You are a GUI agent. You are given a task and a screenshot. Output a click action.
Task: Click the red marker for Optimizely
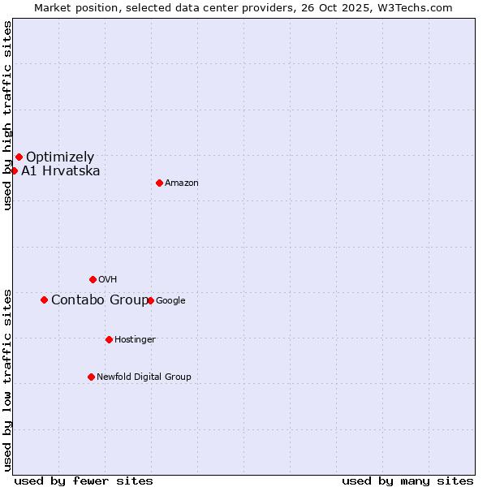click(x=19, y=157)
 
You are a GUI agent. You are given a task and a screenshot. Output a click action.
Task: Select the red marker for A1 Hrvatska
click(x=14, y=170)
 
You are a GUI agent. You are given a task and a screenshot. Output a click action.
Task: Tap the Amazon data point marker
click(x=159, y=183)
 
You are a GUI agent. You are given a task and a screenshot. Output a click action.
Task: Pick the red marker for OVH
click(x=93, y=279)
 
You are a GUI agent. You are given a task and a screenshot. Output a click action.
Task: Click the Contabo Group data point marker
click(x=44, y=300)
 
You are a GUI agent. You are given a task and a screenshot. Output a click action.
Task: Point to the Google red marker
click(x=150, y=300)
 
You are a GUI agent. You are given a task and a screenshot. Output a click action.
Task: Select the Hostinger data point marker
click(x=109, y=339)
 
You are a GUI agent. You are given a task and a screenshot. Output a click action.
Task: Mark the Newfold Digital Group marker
click(x=91, y=377)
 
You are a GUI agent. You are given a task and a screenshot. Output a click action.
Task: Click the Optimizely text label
click(x=60, y=157)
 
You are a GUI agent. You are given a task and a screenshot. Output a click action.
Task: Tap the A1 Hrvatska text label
click(x=61, y=170)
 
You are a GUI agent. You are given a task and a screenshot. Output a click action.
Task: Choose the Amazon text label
click(x=182, y=183)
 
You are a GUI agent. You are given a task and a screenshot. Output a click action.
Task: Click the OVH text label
click(x=108, y=280)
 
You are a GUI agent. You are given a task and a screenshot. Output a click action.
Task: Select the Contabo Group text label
click(x=99, y=300)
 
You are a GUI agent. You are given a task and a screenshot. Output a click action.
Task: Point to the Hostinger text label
click(x=135, y=339)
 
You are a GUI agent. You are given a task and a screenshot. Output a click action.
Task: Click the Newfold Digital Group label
click(x=144, y=377)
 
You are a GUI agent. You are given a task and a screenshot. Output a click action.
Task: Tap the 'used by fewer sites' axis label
click(x=84, y=481)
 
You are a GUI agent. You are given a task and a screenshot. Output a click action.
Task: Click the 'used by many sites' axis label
click(x=407, y=481)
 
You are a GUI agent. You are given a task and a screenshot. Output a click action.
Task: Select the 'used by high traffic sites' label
click(x=7, y=115)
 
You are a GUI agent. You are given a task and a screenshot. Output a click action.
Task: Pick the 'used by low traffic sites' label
click(x=7, y=380)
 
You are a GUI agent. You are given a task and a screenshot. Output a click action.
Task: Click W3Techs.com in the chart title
click(x=412, y=7)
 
